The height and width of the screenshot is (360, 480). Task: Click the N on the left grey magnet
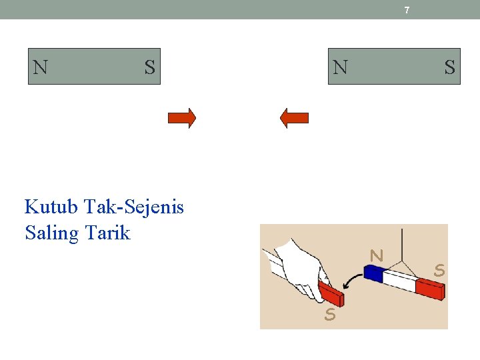[x=41, y=67]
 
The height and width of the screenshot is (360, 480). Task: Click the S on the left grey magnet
[x=149, y=67]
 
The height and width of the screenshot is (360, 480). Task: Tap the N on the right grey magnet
[x=340, y=67]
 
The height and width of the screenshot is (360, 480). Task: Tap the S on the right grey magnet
[x=450, y=67]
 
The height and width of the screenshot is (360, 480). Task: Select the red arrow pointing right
[x=182, y=118]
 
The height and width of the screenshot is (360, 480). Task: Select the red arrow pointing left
[x=294, y=118]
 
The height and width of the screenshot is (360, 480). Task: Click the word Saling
[x=51, y=233]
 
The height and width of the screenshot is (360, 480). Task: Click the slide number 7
[x=407, y=10]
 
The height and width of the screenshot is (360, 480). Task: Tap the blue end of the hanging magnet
[x=375, y=273]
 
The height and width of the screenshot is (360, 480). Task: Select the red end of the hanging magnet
[x=430, y=289]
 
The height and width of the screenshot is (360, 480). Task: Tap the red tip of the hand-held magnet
[x=331, y=293]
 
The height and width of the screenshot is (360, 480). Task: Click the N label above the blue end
[x=377, y=255]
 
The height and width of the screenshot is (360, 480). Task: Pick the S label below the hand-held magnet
[x=329, y=315]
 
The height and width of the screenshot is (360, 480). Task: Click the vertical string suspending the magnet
[x=402, y=243]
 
